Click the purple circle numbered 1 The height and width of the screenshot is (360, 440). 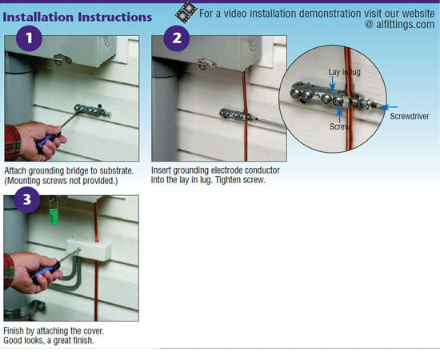click(x=29, y=38)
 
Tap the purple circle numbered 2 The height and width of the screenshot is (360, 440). click(x=177, y=38)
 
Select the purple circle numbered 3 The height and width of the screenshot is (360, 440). click(x=27, y=200)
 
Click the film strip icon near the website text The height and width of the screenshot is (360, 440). click(x=186, y=12)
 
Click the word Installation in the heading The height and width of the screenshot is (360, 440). click(x=38, y=17)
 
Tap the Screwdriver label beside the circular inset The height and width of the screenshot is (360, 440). click(x=410, y=116)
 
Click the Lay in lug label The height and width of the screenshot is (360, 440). click(x=344, y=72)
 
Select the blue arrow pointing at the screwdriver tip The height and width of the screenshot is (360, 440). click(x=388, y=107)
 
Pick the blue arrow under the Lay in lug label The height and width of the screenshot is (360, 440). click(x=332, y=84)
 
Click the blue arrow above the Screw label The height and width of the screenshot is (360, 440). click(x=339, y=115)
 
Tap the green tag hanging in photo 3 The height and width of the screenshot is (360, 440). click(x=54, y=217)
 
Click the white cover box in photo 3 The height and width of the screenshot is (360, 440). click(x=89, y=250)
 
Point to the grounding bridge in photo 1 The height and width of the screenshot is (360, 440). click(x=92, y=110)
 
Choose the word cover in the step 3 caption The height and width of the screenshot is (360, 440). click(x=94, y=331)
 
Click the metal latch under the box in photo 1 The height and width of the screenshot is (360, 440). click(x=62, y=59)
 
